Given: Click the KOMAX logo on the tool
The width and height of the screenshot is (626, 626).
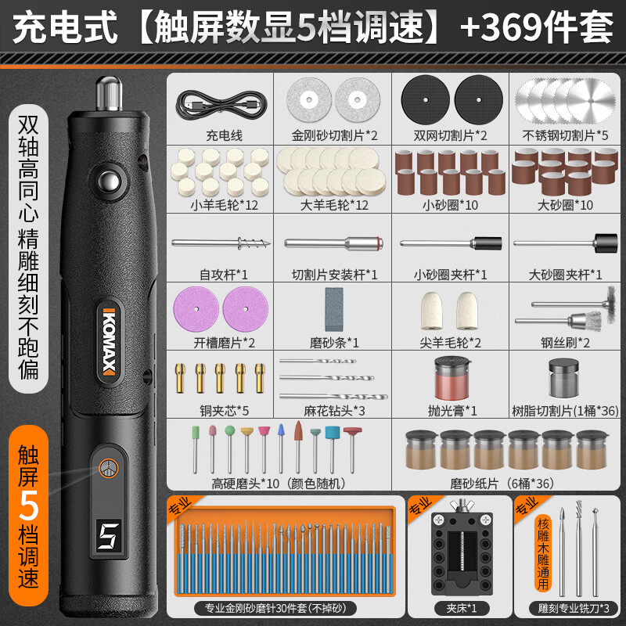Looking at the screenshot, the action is click(109, 343).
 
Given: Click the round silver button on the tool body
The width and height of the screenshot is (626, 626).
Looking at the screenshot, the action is click(110, 182).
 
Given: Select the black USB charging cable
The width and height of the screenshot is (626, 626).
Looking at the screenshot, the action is click(221, 104).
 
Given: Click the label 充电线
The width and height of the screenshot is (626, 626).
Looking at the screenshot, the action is click(224, 135).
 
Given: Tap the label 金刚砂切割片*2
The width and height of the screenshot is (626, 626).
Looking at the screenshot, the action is click(334, 135).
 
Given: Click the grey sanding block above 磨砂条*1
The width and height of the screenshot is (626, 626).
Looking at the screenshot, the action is click(334, 309).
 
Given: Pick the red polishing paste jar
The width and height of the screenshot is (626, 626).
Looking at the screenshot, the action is click(452, 379).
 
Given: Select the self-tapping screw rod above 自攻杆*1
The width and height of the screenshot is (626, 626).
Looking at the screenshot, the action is click(221, 243).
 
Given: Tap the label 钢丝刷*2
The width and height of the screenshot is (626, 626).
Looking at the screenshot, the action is click(565, 343).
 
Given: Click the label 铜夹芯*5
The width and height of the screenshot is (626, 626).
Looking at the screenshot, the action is click(224, 410).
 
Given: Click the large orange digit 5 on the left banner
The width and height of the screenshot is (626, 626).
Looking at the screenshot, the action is click(28, 505).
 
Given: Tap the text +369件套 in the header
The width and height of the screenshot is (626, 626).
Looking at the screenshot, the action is click(536, 27).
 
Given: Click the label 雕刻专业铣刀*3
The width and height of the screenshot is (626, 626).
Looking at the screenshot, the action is click(574, 609).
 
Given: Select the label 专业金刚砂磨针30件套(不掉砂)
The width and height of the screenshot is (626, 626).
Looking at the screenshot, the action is click(275, 608).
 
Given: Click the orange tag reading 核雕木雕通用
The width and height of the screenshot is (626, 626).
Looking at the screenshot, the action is click(543, 553).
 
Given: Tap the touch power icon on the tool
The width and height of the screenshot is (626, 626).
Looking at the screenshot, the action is click(109, 468).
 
